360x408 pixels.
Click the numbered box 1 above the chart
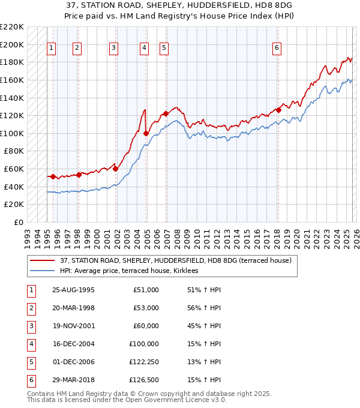point(52,49)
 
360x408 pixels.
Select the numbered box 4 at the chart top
point(145,49)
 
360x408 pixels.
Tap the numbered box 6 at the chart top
point(277,49)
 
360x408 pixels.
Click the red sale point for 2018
point(278,110)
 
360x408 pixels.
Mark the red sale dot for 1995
point(53,176)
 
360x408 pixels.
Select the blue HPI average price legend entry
point(133,271)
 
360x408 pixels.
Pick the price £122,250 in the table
point(144,361)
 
